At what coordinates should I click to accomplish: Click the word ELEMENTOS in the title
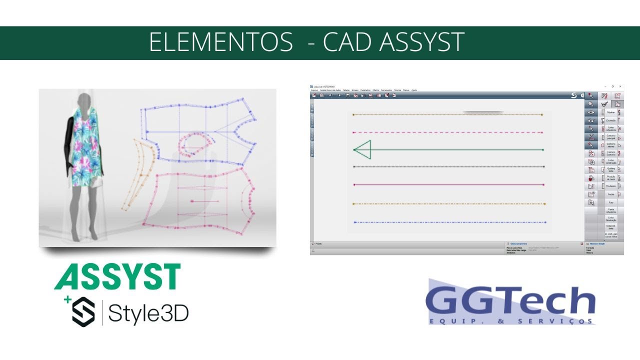[x=220, y=42]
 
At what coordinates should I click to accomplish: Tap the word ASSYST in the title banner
[x=422, y=42]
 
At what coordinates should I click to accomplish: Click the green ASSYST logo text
[x=117, y=276]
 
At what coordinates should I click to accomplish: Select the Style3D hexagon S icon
[x=83, y=311]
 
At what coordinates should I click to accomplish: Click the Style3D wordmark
[x=148, y=313]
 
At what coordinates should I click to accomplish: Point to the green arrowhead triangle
[x=362, y=149]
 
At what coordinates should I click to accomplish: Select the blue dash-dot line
[x=449, y=222]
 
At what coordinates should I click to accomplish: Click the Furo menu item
[x=610, y=202]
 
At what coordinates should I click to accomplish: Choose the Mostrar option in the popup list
[x=610, y=112]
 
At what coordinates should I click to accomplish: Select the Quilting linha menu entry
[x=610, y=169]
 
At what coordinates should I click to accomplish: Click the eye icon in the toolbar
[x=591, y=112]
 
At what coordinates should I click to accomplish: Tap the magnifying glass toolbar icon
[x=591, y=104]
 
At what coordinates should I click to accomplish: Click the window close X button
[x=620, y=86]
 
